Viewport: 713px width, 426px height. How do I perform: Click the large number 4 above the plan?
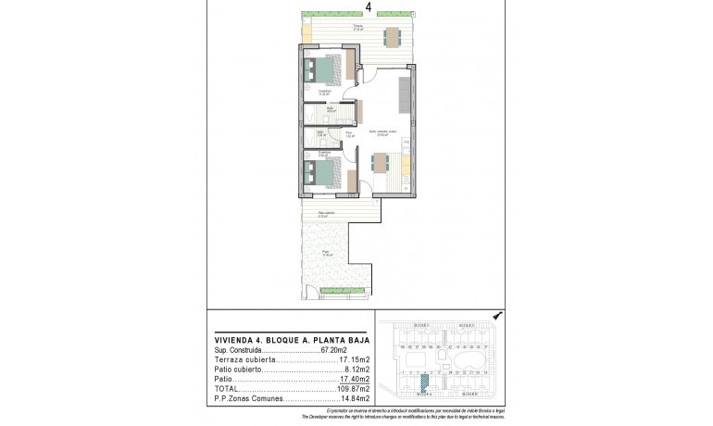pyautogui.click(x=369, y=8)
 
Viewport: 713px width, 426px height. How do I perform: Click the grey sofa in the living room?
pyautogui.click(x=405, y=94)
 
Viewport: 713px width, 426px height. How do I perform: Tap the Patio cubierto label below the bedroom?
pyautogui.click(x=327, y=215)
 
